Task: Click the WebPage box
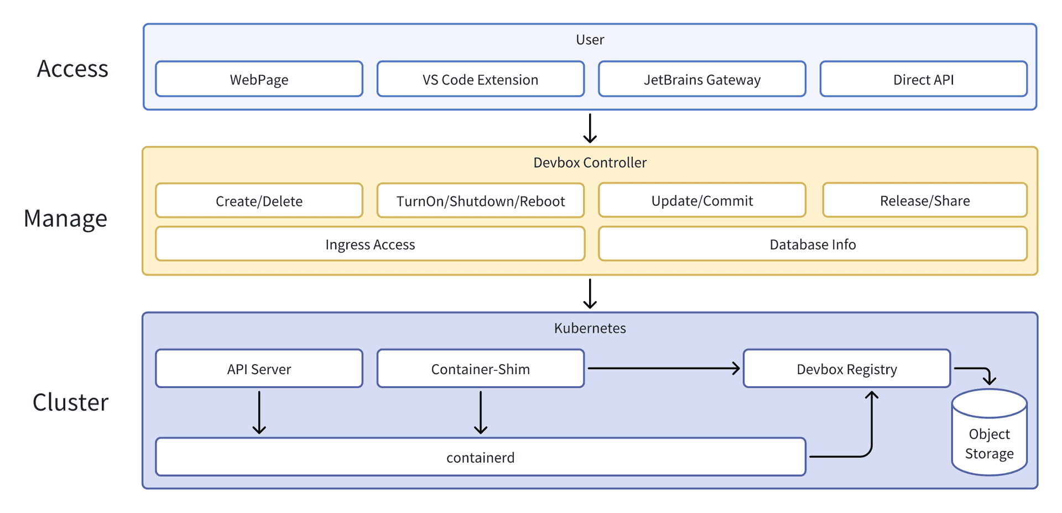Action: coord(259,79)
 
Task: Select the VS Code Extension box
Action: coord(480,79)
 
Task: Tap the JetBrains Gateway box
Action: coord(702,79)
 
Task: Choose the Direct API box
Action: coord(923,79)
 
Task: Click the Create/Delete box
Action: coord(259,200)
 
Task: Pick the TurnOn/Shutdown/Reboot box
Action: coord(480,200)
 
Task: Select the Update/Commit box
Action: coord(702,200)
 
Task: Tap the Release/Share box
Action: coord(924,200)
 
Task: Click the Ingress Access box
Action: coord(369,243)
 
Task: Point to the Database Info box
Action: coord(813,243)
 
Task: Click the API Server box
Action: coord(259,369)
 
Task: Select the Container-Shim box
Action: coord(480,369)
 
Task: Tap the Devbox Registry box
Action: coord(846,369)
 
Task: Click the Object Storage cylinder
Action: coord(989,437)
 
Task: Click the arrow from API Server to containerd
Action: coord(259,412)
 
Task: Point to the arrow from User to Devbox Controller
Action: coord(590,128)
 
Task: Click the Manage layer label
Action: coord(65,218)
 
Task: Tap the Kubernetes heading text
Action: coord(590,328)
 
